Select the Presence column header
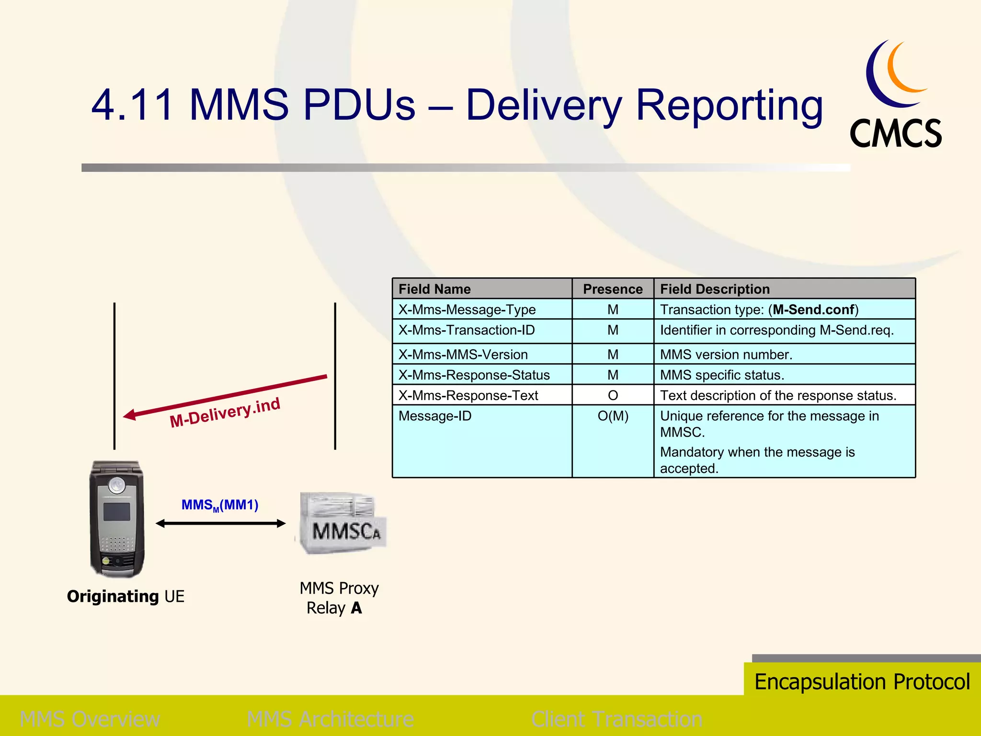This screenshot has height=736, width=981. coord(612,289)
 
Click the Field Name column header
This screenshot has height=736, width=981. coord(434,289)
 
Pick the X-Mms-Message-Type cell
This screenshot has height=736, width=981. coord(467,310)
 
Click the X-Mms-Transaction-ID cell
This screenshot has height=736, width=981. coord(467,330)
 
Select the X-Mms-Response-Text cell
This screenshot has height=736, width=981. coord(468,395)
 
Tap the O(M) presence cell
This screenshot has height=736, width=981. coord(613,416)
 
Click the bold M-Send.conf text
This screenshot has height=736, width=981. coord(813,310)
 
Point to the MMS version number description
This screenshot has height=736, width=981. coord(726,355)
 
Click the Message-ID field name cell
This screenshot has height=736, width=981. coord(435,416)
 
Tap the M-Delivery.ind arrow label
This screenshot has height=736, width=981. coord(225,413)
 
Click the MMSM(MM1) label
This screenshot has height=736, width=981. coord(219,505)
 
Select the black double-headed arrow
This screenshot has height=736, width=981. coord(220,524)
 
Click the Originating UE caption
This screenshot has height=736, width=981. coord(125,597)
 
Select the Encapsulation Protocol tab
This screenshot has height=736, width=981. coord(862,681)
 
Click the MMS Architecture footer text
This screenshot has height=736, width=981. coord(330,719)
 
